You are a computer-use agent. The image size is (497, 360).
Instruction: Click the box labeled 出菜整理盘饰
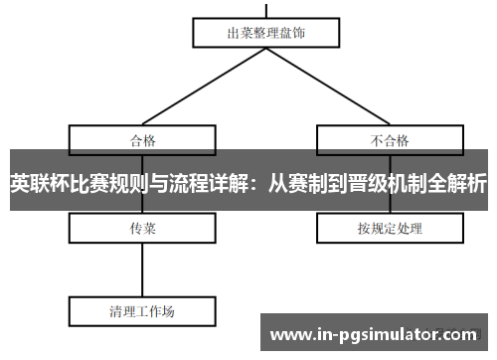[266, 32]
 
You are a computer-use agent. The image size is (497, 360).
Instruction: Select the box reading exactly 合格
[143, 138]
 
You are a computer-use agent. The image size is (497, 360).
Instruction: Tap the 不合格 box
[391, 138]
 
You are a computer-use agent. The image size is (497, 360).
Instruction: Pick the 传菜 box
[143, 229]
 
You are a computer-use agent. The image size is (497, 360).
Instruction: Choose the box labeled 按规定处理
[391, 229]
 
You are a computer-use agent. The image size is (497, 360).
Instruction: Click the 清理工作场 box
[143, 311]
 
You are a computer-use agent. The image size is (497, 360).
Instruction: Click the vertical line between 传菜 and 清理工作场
[143, 269]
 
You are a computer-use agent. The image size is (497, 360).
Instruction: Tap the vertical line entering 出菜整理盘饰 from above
[266, 8]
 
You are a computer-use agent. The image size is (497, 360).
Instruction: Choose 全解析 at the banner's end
[457, 183]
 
